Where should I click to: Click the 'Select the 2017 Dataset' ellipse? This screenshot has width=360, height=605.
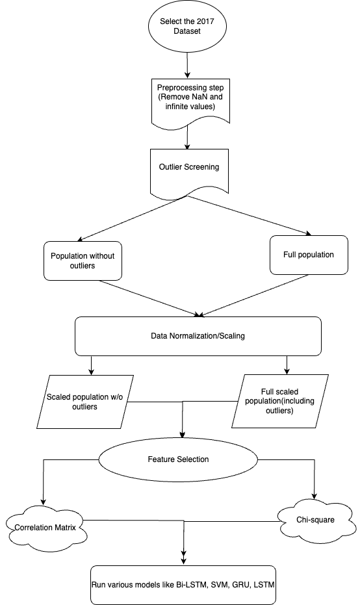coord(187,26)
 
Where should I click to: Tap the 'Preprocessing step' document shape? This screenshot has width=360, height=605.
coord(190,102)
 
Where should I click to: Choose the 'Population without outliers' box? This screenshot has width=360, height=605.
coord(83,261)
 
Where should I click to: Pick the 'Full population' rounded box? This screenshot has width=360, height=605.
coord(309,255)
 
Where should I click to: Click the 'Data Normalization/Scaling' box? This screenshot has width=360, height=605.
coord(198,336)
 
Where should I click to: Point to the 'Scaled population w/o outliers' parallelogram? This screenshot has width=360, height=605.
coord(85,402)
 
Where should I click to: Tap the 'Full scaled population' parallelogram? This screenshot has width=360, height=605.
coord(279,402)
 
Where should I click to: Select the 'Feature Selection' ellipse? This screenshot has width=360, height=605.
coord(178,459)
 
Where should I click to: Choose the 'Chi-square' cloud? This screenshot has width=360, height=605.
coord(316,520)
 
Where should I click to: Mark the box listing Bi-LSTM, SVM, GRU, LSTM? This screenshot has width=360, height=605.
coord(183,585)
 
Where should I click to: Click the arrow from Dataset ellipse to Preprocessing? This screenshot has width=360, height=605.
coord(188,64)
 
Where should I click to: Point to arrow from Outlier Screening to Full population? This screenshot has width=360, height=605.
coord(250,215)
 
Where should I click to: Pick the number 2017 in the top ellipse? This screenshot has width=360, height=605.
coord(205,21)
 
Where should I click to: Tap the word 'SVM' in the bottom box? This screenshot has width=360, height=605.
coord(219,585)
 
